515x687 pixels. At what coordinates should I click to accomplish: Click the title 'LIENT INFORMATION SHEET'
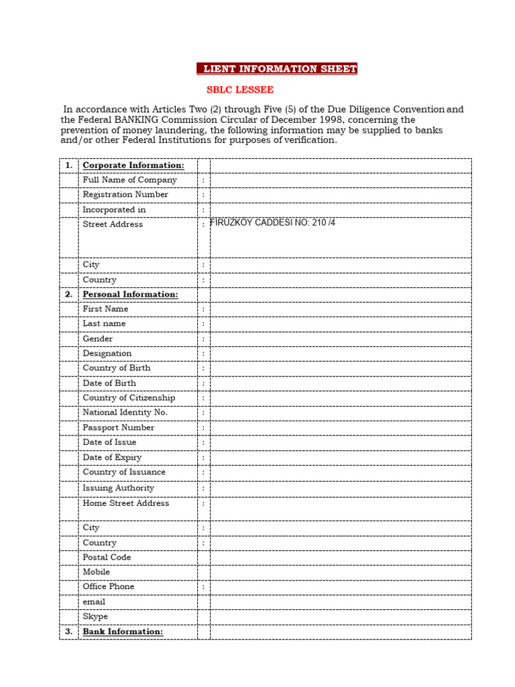tap(277, 69)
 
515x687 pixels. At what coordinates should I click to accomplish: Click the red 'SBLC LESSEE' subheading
tap(239, 90)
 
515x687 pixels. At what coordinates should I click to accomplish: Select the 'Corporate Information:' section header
tap(133, 165)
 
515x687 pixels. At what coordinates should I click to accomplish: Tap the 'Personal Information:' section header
tap(130, 295)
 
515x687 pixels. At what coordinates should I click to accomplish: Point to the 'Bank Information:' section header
tap(123, 631)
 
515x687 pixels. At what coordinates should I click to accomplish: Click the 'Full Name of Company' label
tap(129, 180)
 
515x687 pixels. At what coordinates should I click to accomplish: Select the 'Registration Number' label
tap(125, 195)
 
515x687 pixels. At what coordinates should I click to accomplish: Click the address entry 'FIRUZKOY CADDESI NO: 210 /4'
tap(273, 223)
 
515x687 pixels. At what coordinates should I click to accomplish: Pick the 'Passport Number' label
tap(118, 427)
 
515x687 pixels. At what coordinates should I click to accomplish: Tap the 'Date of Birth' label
tap(109, 383)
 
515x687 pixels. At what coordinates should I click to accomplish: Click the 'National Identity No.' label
tap(125, 413)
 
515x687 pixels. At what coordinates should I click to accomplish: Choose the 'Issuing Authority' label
tap(118, 488)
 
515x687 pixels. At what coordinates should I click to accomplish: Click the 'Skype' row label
tap(95, 617)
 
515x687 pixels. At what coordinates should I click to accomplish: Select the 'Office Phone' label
tap(108, 586)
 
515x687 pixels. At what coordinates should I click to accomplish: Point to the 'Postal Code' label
tap(107, 557)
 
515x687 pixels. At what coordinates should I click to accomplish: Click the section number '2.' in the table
tap(68, 295)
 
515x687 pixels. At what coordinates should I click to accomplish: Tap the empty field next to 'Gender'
tap(341, 339)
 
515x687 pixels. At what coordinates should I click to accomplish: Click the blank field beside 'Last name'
tap(341, 323)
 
